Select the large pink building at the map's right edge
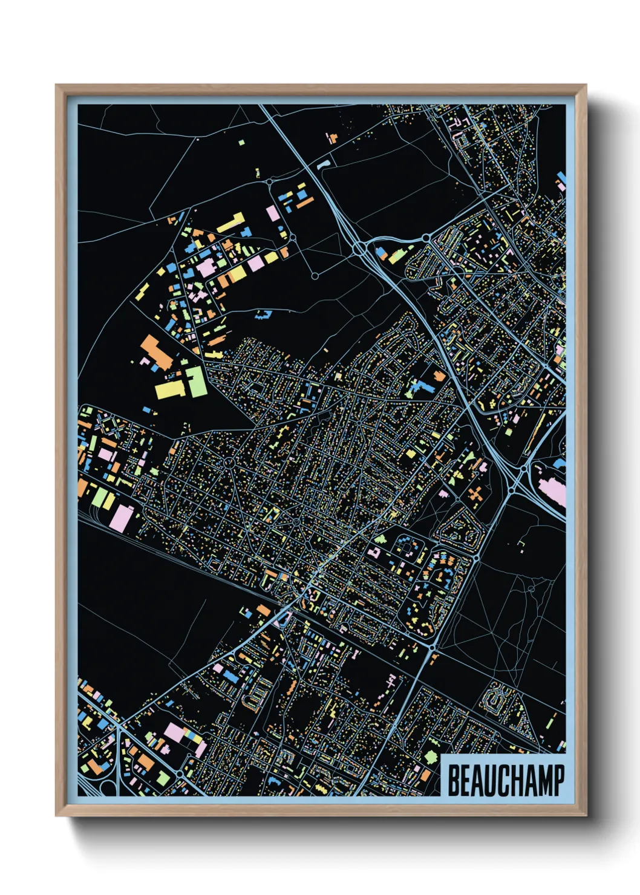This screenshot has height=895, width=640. pyautogui.click(x=554, y=490)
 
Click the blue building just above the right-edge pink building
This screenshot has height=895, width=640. pyautogui.click(x=560, y=464)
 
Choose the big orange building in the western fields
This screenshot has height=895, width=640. pyautogui.click(x=155, y=354)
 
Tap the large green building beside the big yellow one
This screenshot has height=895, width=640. pyautogui.click(x=196, y=382)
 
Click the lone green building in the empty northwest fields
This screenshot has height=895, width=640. pyautogui.click(x=241, y=143)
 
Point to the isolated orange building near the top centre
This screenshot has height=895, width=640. pyautogui.click(x=331, y=138)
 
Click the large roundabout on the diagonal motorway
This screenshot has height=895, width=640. pyautogui.click(x=360, y=247)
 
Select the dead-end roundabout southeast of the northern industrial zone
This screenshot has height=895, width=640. pyautogui.click(x=315, y=276)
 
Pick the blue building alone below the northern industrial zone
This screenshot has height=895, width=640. pyautogui.click(x=263, y=314)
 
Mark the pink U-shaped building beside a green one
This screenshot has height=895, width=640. pyautogui.click(x=373, y=552)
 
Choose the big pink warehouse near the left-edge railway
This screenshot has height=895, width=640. pyautogui.click(x=122, y=518)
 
